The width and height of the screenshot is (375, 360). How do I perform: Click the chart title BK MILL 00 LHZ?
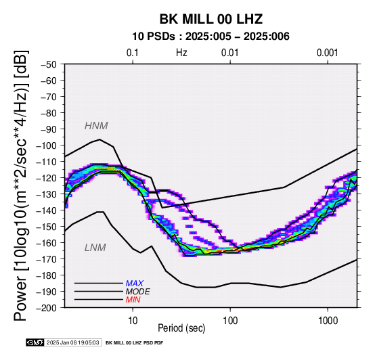(211, 19)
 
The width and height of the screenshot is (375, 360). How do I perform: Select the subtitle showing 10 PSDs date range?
(211, 37)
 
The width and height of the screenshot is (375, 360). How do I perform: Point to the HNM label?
(96, 126)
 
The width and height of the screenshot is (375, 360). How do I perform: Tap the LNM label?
(95, 248)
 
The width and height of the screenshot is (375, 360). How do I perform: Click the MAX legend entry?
(135, 284)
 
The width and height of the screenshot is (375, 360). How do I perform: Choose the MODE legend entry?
(138, 292)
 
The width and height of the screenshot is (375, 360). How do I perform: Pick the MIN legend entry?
(133, 300)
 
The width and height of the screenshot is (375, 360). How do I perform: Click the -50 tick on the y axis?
(48, 64)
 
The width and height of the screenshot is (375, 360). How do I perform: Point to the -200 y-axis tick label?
(47, 308)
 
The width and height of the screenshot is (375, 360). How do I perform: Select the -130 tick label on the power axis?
(47, 194)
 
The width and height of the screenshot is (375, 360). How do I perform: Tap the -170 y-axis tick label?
(47, 259)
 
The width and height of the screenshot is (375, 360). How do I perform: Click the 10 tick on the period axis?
(133, 321)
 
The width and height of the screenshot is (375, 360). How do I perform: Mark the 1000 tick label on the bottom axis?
(328, 321)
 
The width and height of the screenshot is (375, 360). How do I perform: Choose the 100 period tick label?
(230, 321)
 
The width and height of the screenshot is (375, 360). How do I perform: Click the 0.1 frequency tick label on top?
(133, 53)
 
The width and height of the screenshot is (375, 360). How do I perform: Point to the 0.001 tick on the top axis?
(328, 53)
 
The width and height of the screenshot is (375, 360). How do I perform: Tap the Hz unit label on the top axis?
(181, 53)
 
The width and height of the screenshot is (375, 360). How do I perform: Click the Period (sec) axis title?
(181, 328)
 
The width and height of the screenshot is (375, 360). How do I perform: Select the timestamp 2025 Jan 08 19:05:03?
(72, 343)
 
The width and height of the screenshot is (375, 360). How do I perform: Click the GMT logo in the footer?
(35, 342)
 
